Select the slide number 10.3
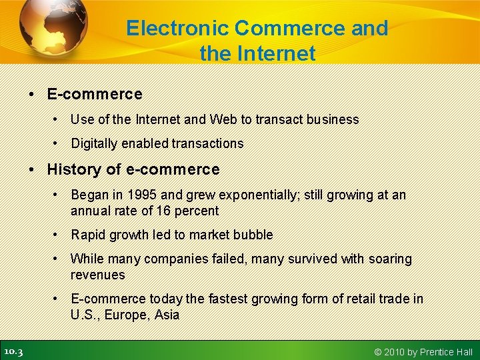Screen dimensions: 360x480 point(13,351)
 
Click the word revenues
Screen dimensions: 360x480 point(98,275)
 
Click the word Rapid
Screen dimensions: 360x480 point(89,235)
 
